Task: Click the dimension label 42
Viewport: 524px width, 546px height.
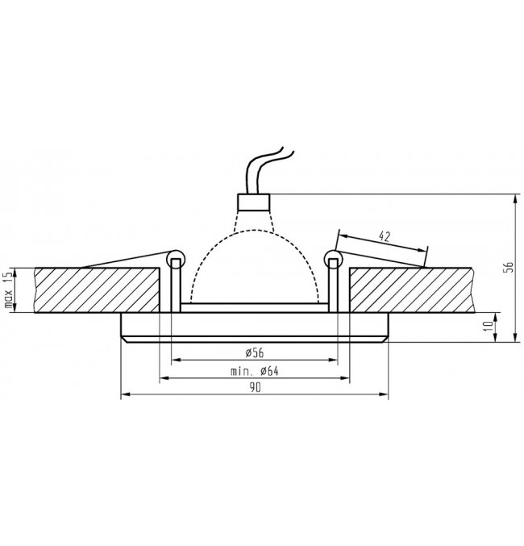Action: point(385,236)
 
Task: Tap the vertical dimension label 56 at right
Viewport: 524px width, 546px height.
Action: point(509,266)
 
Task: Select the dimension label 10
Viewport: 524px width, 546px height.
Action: point(489,326)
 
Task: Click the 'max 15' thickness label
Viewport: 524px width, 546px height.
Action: point(9,290)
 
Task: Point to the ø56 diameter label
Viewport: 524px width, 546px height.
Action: point(255,352)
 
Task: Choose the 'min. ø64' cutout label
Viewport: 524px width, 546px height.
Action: point(255,371)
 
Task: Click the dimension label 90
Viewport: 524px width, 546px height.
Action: point(255,387)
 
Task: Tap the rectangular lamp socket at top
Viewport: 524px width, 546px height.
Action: point(254,202)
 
